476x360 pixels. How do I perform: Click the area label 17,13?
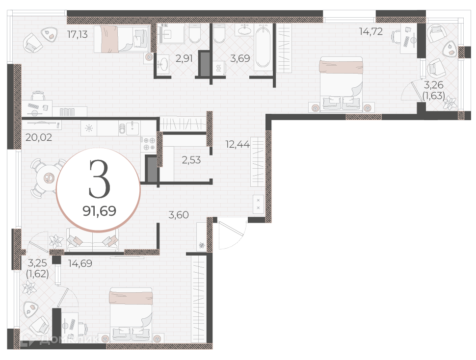[x=78, y=34]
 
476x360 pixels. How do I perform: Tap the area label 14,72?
[x=370, y=31]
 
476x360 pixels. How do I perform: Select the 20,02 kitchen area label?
[x=39, y=137]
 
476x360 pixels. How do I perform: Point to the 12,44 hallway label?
[x=238, y=144]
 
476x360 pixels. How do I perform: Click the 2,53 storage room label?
[x=191, y=160]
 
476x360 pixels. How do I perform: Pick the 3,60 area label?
[x=179, y=215]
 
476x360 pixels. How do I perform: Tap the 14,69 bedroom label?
[x=80, y=263]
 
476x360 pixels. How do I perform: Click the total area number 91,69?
[x=99, y=211]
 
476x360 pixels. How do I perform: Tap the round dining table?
[x=48, y=178]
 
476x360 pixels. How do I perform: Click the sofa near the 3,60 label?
[x=93, y=240]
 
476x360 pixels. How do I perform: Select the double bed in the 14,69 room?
[x=131, y=315]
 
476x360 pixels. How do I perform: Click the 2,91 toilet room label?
[x=184, y=58]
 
